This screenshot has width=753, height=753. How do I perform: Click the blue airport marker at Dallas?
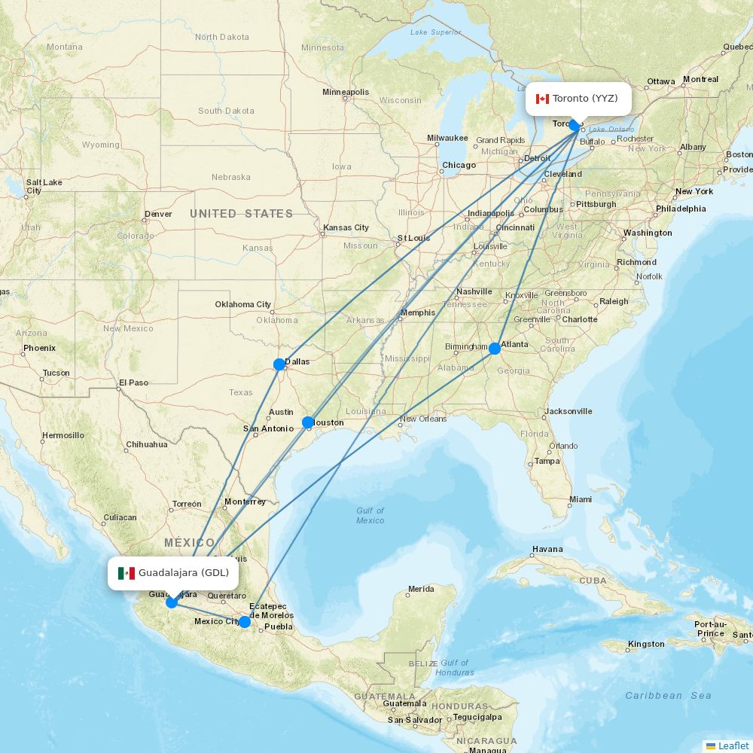coord(279,364)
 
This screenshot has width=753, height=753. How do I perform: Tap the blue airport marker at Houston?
coord(308,422)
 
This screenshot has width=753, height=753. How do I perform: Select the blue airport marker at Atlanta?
coord(495,349)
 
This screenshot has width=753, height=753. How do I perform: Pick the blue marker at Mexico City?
coord(245,622)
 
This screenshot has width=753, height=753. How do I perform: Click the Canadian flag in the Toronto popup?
coord(542,99)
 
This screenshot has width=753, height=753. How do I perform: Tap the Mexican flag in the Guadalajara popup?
coord(127,573)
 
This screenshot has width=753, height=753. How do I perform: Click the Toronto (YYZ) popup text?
coord(585,99)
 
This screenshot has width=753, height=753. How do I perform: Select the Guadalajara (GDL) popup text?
coord(184,573)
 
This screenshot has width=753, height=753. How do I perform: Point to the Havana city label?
coord(547,549)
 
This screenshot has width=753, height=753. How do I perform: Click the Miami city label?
coord(581,499)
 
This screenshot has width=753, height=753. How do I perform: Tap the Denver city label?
coord(158,214)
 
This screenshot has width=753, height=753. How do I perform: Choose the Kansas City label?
coord(346,227)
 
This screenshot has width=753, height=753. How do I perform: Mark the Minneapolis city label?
coord(346,92)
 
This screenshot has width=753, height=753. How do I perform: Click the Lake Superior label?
coord(436,32)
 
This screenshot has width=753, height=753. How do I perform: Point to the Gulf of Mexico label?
coord(370,515)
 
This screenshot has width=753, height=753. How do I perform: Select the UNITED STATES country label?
coord(241,214)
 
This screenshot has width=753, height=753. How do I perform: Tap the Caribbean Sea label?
coord(668,696)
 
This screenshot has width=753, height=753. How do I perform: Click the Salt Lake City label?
coord(44,186)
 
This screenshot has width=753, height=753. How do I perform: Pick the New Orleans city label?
coord(423,419)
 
